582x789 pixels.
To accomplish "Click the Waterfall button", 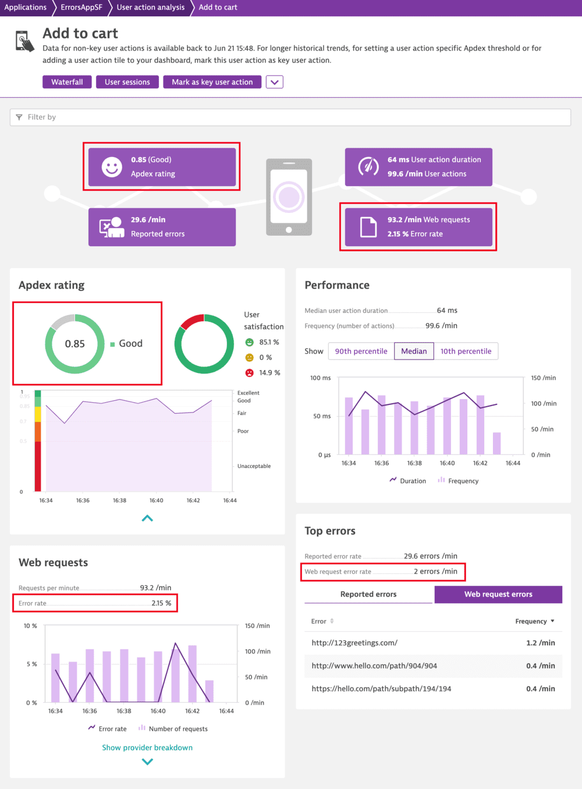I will (x=67, y=82).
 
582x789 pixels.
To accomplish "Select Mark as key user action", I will (x=212, y=82).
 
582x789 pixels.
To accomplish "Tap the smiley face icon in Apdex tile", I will (x=112, y=167).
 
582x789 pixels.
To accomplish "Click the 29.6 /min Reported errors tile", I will (x=162, y=227).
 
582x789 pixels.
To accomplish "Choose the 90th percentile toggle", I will (x=361, y=351).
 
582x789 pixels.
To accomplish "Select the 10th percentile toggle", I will (x=466, y=351).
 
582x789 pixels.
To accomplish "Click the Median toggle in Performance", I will (x=414, y=351).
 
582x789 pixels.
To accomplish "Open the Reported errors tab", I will (x=368, y=594).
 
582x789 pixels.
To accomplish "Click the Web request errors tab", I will (x=498, y=594).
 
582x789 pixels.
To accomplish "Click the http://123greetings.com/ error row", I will (x=354, y=643).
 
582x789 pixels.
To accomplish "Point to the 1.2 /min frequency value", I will (x=540, y=643).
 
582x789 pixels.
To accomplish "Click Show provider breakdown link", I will (x=147, y=748).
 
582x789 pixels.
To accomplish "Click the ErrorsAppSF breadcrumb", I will (x=81, y=8).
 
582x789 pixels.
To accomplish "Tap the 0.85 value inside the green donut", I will (x=74, y=344).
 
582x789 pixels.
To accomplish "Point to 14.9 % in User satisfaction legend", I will (x=269, y=372).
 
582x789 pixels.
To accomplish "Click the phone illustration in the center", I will (x=289, y=197).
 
